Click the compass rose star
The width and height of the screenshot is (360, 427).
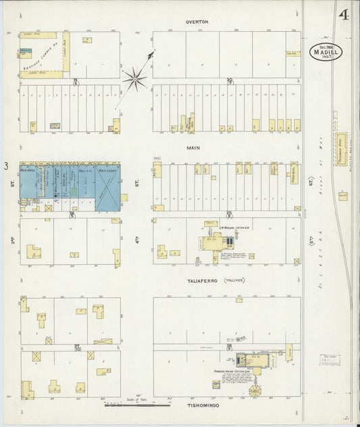(x=135, y=80)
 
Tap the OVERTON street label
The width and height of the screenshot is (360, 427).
(x=197, y=22)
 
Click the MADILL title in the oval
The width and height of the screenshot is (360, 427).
(x=327, y=52)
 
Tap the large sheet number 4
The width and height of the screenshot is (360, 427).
(x=344, y=16)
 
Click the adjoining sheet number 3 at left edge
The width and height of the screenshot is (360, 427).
(x=6, y=166)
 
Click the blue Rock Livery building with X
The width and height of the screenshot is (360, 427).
(x=108, y=186)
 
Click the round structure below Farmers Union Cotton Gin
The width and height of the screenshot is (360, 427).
(x=255, y=390)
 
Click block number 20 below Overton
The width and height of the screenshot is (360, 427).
(x=230, y=82)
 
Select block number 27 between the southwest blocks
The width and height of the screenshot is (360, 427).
(x=77, y=347)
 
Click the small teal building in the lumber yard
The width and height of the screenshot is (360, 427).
(x=26, y=52)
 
